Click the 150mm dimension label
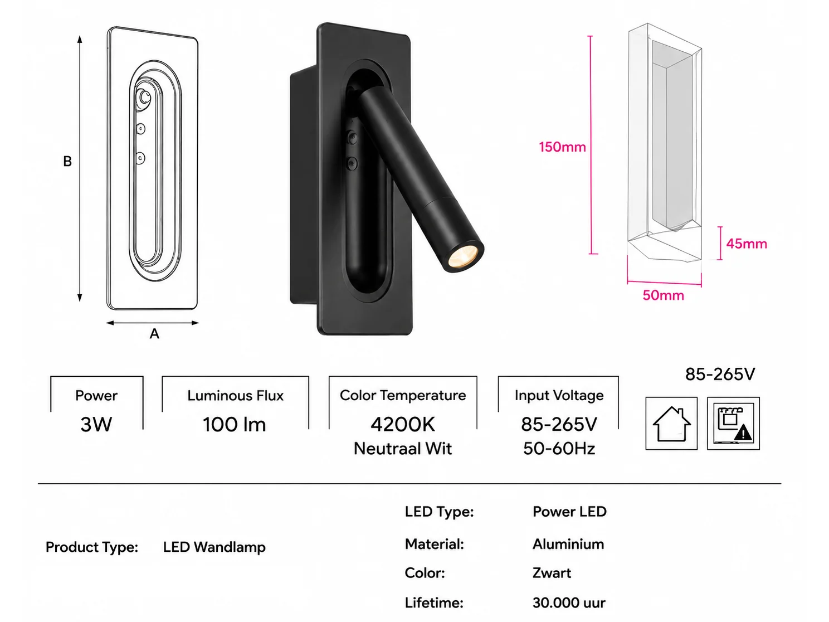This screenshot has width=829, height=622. (562, 147)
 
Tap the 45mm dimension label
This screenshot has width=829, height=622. (747, 244)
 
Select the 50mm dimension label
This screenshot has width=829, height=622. (663, 295)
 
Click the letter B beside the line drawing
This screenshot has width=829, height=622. (67, 161)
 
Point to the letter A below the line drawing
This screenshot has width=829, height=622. (154, 333)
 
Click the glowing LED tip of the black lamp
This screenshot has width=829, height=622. (463, 256)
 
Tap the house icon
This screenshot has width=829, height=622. (671, 424)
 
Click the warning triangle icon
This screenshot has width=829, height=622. (743, 433)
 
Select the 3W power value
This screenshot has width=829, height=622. (96, 425)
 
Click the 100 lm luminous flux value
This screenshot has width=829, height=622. (235, 425)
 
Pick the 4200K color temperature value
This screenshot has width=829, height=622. (403, 425)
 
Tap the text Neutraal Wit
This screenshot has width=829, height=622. (403, 449)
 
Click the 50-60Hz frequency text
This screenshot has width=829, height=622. (559, 449)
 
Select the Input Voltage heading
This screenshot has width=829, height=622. (559, 395)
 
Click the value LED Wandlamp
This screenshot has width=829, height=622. (214, 547)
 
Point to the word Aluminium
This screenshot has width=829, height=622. (568, 544)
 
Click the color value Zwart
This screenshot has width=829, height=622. (552, 573)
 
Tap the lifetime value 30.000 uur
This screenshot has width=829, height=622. (569, 602)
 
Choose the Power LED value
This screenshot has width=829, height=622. (569, 512)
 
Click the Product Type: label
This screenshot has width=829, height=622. (92, 547)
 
